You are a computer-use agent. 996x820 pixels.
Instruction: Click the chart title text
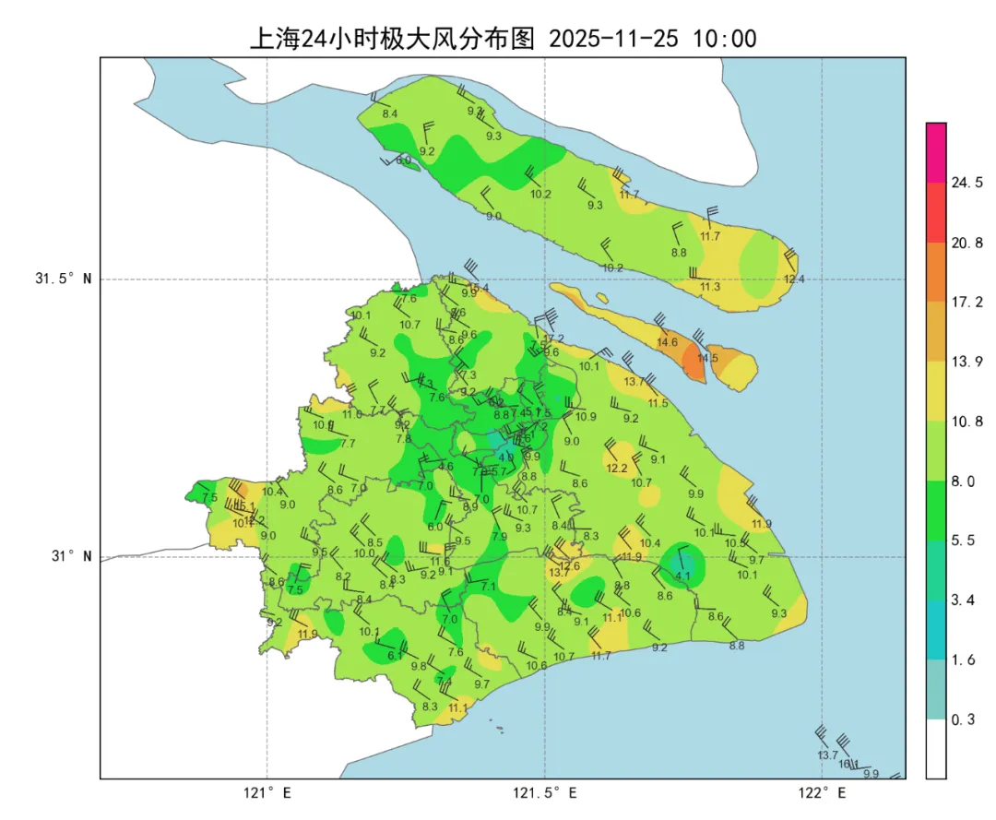coord(503,39)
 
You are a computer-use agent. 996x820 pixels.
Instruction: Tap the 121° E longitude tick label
coord(267,793)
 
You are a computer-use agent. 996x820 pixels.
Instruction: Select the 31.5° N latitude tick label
coord(64,279)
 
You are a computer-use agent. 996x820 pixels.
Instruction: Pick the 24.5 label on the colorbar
coord(966,183)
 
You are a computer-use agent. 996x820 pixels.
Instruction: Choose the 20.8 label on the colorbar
coord(966,243)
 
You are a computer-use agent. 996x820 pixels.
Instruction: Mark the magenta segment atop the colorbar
coord(936,152)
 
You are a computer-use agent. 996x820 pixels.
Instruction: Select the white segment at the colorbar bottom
coord(936,748)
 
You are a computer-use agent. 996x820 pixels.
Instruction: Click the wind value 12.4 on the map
coord(793,279)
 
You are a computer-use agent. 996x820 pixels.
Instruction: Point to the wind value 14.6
coord(667,342)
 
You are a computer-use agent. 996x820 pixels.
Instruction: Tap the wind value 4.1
coord(682,576)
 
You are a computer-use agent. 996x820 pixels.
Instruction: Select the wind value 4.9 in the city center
coord(505,457)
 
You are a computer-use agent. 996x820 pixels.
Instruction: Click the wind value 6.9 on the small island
coord(404,160)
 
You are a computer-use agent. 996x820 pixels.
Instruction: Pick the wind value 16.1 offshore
coord(848,764)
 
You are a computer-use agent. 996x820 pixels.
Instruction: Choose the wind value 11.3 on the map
coord(710,287)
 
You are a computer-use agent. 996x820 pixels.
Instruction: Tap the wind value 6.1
coord(395,655)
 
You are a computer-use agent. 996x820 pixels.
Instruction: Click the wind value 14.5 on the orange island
coord(707,358)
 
